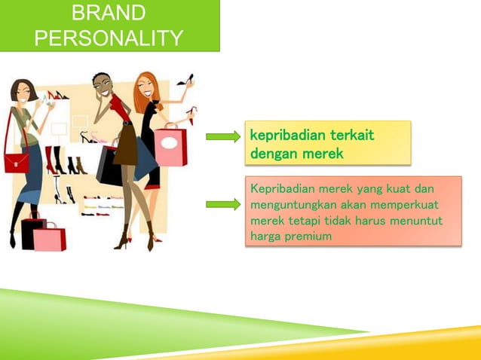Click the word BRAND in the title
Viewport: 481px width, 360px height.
coord(109,13)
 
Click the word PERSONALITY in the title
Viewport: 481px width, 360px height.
coord(109,37)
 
